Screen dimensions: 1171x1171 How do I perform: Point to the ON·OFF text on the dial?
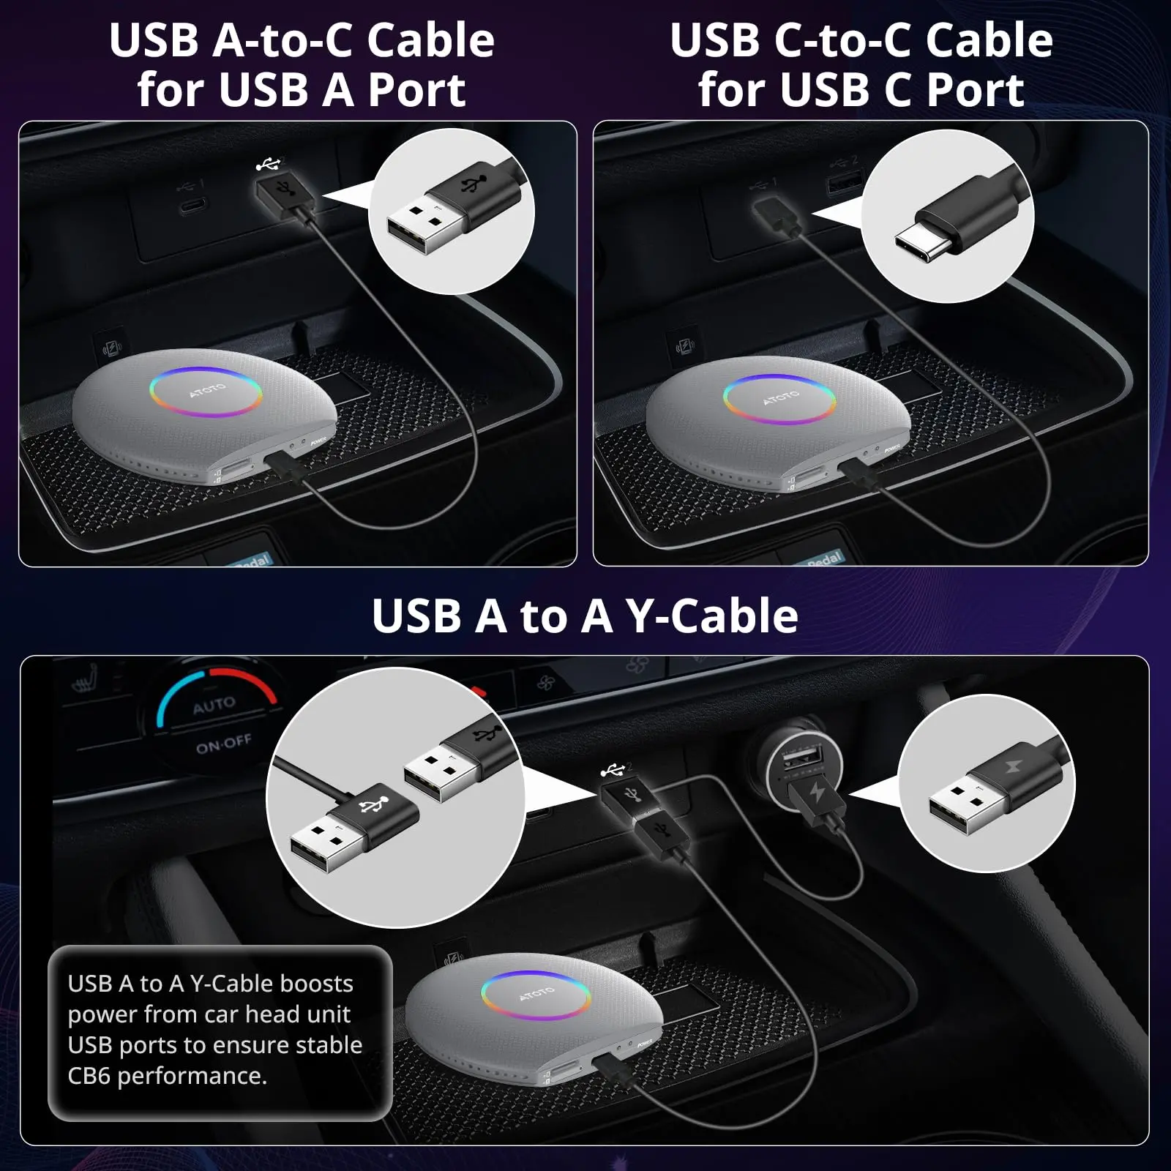223,745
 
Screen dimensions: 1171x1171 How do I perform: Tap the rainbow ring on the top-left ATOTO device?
206,392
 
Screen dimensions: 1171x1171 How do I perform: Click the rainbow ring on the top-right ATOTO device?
779,399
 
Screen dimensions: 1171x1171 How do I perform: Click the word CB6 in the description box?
89,1076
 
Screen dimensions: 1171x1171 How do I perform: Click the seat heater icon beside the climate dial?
85,686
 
